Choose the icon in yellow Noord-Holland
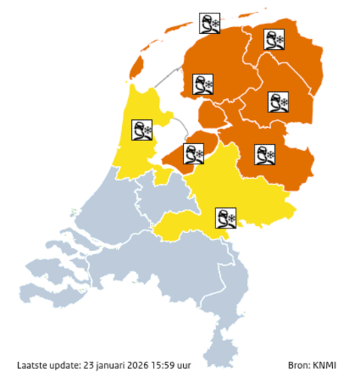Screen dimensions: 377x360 (x=142, y=130)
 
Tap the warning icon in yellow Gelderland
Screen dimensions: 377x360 (x=226, y=219)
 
